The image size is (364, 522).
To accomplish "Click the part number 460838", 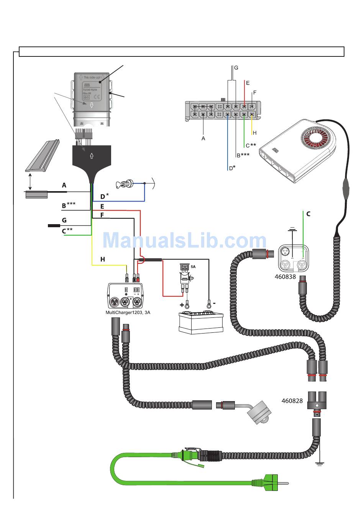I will click(285, 276).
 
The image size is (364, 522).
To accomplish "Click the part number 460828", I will click(292, 401).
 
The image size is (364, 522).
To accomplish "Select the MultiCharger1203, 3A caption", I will click(128, 312).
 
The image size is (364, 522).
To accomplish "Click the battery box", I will click(201, 322).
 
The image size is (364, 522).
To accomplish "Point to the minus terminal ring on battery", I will click(209, 306).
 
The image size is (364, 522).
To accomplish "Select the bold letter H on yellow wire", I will click(103, 259).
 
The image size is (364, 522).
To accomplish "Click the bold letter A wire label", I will click(64, 185).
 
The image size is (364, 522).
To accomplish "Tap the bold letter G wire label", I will click(64, 220).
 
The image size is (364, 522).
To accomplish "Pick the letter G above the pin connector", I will click(236, 68).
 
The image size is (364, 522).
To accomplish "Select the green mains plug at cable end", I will click(271, 483).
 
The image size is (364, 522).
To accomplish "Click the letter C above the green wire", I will click(308, 214).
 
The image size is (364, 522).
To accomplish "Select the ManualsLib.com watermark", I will click(184, 241).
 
